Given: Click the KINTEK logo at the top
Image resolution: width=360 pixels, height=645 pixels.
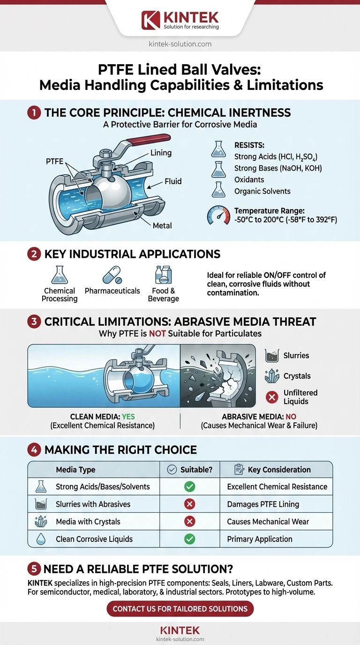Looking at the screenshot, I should click(180, 20).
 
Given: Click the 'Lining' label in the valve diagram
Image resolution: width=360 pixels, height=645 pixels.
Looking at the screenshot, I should click(161, 153).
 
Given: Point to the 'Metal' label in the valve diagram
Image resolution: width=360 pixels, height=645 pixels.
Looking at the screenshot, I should click(162, 225).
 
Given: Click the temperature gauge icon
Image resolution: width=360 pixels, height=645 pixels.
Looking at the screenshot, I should click(218, 215).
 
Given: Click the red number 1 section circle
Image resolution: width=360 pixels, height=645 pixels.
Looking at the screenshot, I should click(34, 113).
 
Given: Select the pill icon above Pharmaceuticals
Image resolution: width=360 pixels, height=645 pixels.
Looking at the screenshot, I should click(112, 274).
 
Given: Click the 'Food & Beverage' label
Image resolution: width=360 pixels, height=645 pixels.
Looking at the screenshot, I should click(163, 294).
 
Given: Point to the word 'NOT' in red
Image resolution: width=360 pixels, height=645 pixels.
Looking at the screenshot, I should click(158, 334).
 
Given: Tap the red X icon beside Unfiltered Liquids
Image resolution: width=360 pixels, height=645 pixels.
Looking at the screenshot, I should click(272, 397).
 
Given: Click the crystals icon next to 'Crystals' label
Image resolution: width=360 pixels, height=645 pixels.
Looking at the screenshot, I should click(272, 376).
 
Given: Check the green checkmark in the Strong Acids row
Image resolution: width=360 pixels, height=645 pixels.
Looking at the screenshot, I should click(189, 487).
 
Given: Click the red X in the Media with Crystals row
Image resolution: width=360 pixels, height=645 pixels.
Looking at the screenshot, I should click(189, 522).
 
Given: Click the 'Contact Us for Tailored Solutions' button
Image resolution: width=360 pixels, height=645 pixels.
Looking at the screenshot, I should click(180, 609).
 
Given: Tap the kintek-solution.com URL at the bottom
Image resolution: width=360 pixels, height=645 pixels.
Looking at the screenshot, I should click(180, 639).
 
